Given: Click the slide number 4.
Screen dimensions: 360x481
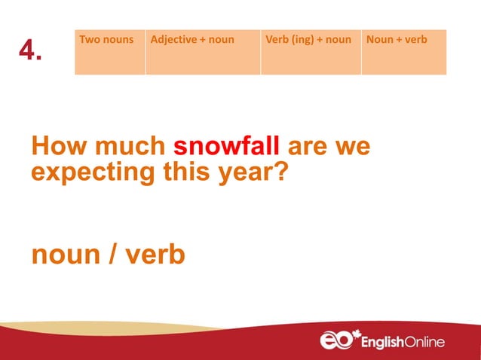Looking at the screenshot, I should tap(30, 51).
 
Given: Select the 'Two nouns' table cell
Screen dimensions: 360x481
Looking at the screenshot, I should tap(110, 52).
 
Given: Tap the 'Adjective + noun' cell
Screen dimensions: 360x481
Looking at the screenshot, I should tap(203, 52).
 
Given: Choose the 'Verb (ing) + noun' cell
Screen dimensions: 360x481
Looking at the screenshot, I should tap(311, 52).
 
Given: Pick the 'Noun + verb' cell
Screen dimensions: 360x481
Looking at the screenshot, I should tap(403, 52).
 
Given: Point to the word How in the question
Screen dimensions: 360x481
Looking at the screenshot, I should tap(57, 146).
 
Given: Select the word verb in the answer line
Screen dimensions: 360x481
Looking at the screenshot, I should tap(153, 255).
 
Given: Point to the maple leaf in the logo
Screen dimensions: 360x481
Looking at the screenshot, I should tap(357, 334).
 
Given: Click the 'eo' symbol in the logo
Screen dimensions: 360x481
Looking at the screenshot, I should tap(336, 341).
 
